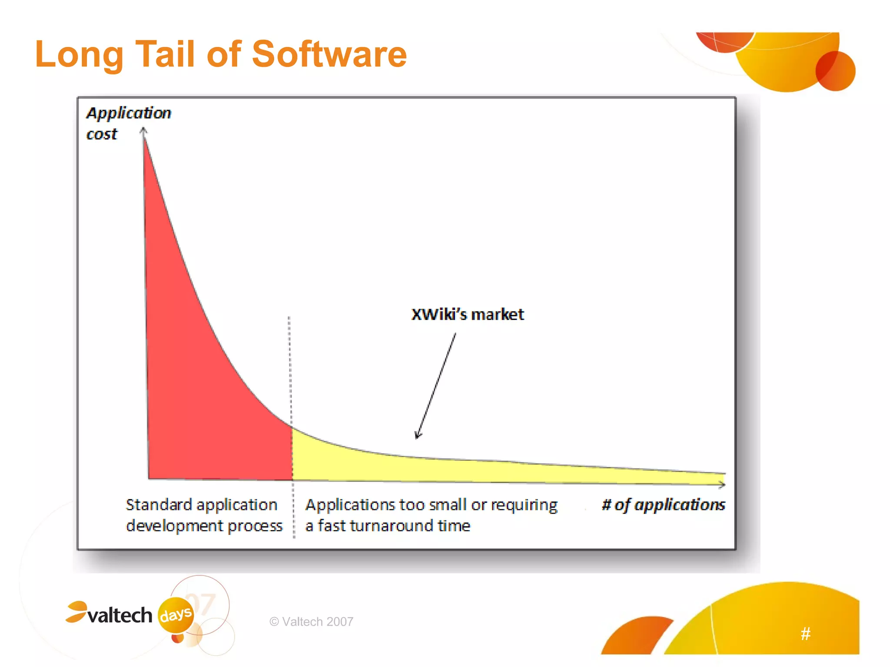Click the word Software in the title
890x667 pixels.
tap(329, 54)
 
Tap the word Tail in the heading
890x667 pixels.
tap(165, 54)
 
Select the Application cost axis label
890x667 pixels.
tap(128, 123)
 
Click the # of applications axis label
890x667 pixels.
tap(663, 505)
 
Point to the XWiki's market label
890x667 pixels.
tap(468, 314)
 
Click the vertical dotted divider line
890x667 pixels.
tap(290, 369)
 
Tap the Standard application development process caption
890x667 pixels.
tap(203, 515)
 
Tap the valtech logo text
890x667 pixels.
tap(120, 615)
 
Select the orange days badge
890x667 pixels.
tap(176, 614)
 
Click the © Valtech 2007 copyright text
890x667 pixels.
tap(311, 622)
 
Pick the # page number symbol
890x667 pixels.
tap(805, 634)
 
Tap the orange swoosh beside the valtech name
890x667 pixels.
tap(77, 611)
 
